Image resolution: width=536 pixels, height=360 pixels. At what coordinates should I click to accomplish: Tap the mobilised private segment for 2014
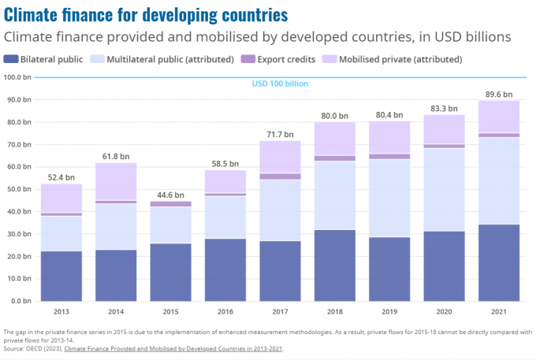click(x=115, y=181)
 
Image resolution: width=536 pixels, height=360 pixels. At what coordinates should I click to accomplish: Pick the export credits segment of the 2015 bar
click(x=170, y=204)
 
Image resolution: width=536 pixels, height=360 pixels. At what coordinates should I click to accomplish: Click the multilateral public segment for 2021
click(x=499, y=180)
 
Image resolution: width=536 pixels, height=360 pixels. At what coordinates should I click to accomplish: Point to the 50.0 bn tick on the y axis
click(x=17, y=189)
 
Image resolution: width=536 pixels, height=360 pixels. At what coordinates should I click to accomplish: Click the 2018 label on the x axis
click(x=334, y=311)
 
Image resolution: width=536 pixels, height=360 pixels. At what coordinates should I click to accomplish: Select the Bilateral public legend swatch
click(x=11, y=59)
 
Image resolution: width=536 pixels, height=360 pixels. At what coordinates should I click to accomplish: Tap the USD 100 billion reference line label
click(x=280, y=84)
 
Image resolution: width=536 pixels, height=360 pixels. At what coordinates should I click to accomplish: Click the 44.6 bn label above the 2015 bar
click(x=170, y=195)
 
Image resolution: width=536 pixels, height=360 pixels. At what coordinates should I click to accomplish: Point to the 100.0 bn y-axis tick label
click(x=17, y=77)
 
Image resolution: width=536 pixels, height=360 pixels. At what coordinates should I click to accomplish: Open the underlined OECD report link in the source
click(x=173, y=347)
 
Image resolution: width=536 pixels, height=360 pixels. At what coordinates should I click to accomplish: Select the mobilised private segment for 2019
click(x=389, y=137)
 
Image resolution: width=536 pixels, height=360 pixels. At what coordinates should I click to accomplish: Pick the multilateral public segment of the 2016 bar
click(x=225, y=217)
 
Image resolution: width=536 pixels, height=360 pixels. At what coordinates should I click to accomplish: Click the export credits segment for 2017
click(x=280, y=176)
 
